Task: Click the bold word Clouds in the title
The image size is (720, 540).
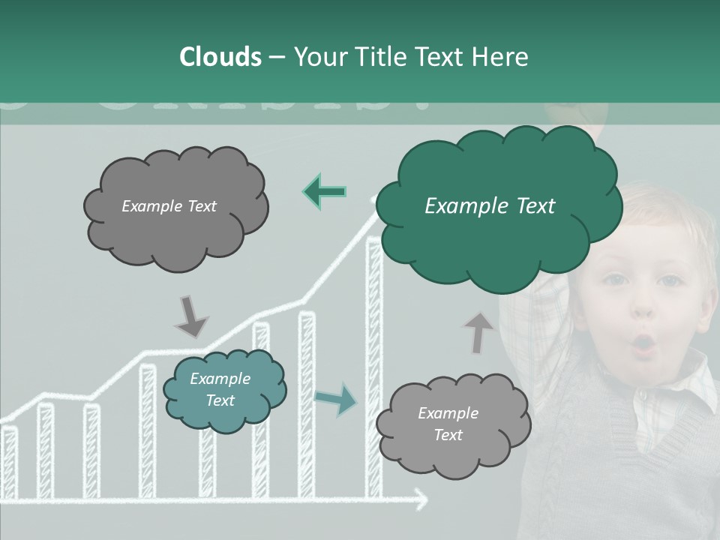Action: [x=220, y=57]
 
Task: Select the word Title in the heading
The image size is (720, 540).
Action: [x=380, y=57]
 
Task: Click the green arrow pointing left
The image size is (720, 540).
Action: [x=324, y=192]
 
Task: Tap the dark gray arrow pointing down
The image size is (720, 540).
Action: [x=190, y=316]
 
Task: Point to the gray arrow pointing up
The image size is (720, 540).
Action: [x=478, y=332]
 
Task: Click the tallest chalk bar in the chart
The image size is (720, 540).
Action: [x=373, y=367]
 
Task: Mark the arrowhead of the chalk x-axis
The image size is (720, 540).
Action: [x=421, y=499]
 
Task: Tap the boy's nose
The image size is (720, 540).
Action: [x=643, y=307]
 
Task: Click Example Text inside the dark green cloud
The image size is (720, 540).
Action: [x=490, y=206]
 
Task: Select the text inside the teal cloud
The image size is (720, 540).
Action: [x=220, y=389]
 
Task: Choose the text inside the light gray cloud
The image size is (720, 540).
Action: [x=448, y=424]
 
